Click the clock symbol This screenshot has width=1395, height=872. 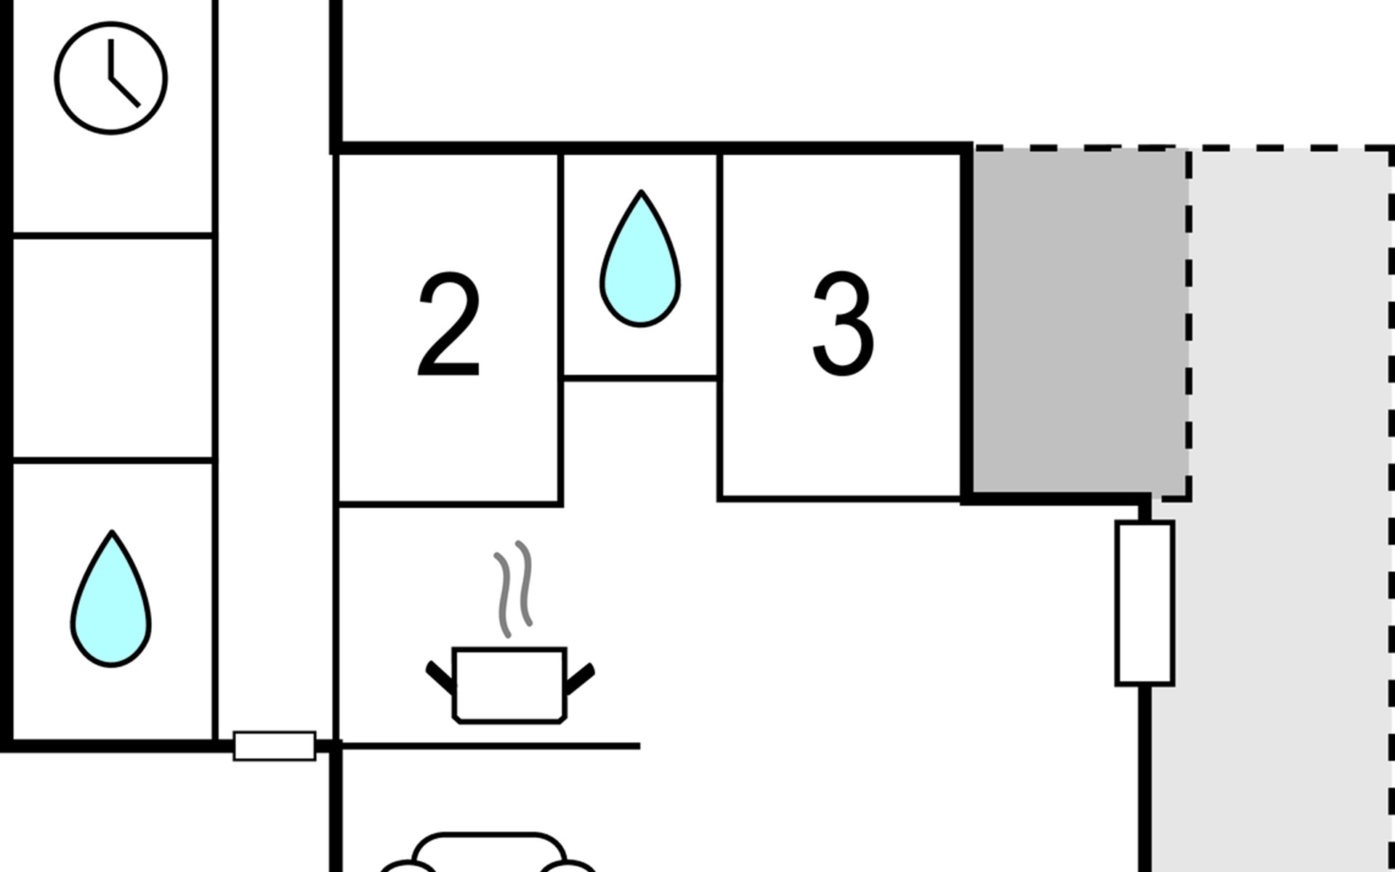click(110, 78)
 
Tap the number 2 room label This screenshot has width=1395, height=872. click(449, 324)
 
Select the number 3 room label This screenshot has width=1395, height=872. click(843, 324)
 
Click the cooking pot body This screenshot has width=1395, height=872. click(509, 685)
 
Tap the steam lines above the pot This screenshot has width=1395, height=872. click(514, 589)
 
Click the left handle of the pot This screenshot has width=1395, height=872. click(440, 677)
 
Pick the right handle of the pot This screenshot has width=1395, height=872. click(580, 678)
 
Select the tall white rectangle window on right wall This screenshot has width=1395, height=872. click(1145, 603)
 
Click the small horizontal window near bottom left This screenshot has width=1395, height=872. click(275, 746)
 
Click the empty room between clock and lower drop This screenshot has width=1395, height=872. click(113, 348)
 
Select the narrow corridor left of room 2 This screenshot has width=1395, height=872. click(275, 363)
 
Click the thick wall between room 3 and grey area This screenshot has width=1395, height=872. click(966, 323)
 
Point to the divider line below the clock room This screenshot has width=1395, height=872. click(113, 235)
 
